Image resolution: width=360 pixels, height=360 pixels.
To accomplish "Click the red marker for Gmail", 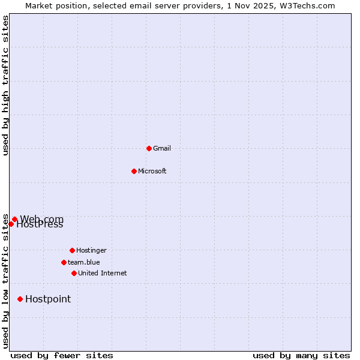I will click(149, 148).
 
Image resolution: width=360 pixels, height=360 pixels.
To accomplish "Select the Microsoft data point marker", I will click(134, 171).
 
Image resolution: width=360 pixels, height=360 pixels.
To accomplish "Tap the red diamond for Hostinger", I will click(72, 250).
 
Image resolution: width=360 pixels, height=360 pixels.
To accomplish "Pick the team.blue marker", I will click(64, 262).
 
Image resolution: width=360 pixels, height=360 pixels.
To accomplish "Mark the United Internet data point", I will click(74, 273).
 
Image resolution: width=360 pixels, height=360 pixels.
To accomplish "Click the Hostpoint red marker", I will click(20, 299).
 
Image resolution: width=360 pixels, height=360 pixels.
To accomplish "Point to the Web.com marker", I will click(14, 219).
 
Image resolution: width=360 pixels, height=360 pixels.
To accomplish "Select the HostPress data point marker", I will click(11, 224).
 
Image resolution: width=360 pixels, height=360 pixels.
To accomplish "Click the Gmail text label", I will click(162, 148).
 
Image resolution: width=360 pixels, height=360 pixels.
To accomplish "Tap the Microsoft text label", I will click(152, 171).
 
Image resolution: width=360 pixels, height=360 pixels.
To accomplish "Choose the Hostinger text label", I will click(91, 250).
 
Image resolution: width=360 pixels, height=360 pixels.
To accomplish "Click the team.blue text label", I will click(84, 262).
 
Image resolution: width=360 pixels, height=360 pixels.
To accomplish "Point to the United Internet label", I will click(103, 273).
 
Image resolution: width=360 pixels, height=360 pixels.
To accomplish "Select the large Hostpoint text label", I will click(48, 299).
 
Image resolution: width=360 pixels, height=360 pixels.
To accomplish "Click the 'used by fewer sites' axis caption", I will click(62, 355).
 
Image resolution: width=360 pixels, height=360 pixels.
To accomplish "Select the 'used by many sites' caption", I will click(301, 355).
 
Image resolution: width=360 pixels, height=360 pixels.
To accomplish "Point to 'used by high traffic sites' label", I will click(5, 85).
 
